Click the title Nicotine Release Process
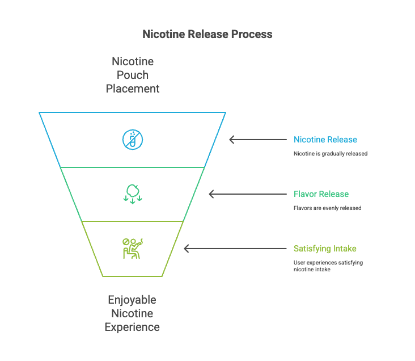click(207, 34)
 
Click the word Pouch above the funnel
click(132, 75)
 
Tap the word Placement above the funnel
click(132, 89)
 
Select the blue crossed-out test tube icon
click(133, 140)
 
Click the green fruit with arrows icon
click(133, 193)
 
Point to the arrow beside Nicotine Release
click(258, 140)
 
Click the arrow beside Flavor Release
click(248, 194)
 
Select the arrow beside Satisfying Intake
click(235, 249)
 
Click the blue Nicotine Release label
click(325, 140)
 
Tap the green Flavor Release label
click(321, 194)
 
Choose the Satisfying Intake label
click(325, 249)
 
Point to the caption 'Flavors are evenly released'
click(327, 208)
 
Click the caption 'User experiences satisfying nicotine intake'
click(328, 266)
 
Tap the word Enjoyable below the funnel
click(132, 300)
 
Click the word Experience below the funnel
click(132, 327)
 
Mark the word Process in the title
click(252, 34)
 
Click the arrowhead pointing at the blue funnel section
click(232, 140)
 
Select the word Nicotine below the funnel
click(132, 313)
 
